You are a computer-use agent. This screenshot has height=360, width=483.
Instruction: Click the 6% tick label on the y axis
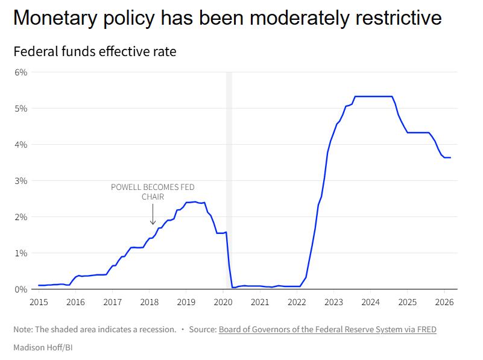[x=21, y=72]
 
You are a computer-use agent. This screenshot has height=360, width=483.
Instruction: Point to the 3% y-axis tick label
[x=21, y=181]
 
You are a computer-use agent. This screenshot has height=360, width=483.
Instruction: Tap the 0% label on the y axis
[x=21, y=289]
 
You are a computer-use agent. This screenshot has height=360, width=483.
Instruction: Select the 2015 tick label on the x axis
[x=39, y=302]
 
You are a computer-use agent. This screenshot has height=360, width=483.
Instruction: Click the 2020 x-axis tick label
[x=223, y=302]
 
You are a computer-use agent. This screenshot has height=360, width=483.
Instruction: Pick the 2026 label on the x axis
[x=444, y=302]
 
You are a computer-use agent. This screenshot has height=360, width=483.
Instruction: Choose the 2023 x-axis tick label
[x=333, y=302]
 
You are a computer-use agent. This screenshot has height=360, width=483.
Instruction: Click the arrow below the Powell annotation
[x=153, y=215]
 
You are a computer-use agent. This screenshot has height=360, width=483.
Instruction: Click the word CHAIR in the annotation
[x=153, y=197]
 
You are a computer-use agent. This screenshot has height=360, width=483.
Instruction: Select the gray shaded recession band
[x=229, y=181]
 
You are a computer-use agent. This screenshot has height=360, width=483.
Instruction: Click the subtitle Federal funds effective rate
[x=95, y=52]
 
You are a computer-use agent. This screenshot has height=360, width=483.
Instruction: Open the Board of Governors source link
[x=327, y=330]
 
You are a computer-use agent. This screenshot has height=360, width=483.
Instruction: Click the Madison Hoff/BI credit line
[x=43, y=347]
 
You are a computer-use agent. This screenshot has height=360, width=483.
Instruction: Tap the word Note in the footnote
[x=24, y=330]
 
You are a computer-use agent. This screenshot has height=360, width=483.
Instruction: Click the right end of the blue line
[x=450, y=157]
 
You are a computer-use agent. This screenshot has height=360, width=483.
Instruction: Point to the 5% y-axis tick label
[x=21, y=109]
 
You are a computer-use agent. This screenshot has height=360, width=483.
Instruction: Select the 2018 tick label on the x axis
[x=150, y=302]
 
